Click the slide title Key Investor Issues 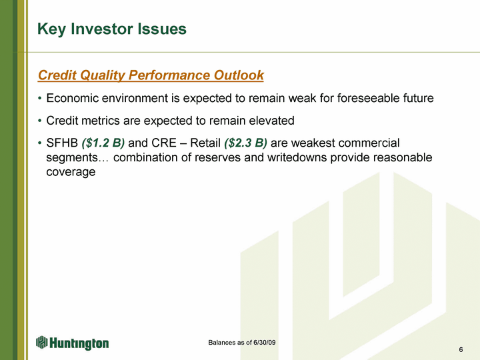[112, 29]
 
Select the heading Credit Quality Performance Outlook [151, 75]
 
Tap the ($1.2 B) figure [103, 143]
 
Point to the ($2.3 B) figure [245, 143]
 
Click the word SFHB [62, 143]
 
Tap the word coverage [71, 172]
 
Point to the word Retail [205, 143]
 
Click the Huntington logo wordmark [79, 343]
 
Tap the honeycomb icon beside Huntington [42, 342]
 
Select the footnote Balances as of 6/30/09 [242, 343]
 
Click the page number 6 [461, 349]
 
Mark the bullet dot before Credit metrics [39, 121]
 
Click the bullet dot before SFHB [39, 143]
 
